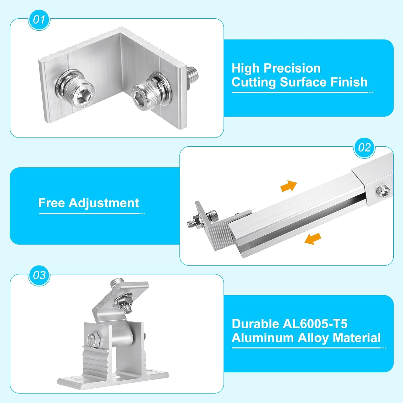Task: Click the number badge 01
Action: tap(39, 20)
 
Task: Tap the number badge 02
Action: tap(364, 147)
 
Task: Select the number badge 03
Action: tap(39, 275)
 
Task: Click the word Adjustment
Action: tap(104, 203)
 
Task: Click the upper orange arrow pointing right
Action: tap(289, 186)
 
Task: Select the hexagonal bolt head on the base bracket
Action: tap(93, 340)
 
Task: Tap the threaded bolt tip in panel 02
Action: tap(190, 223)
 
